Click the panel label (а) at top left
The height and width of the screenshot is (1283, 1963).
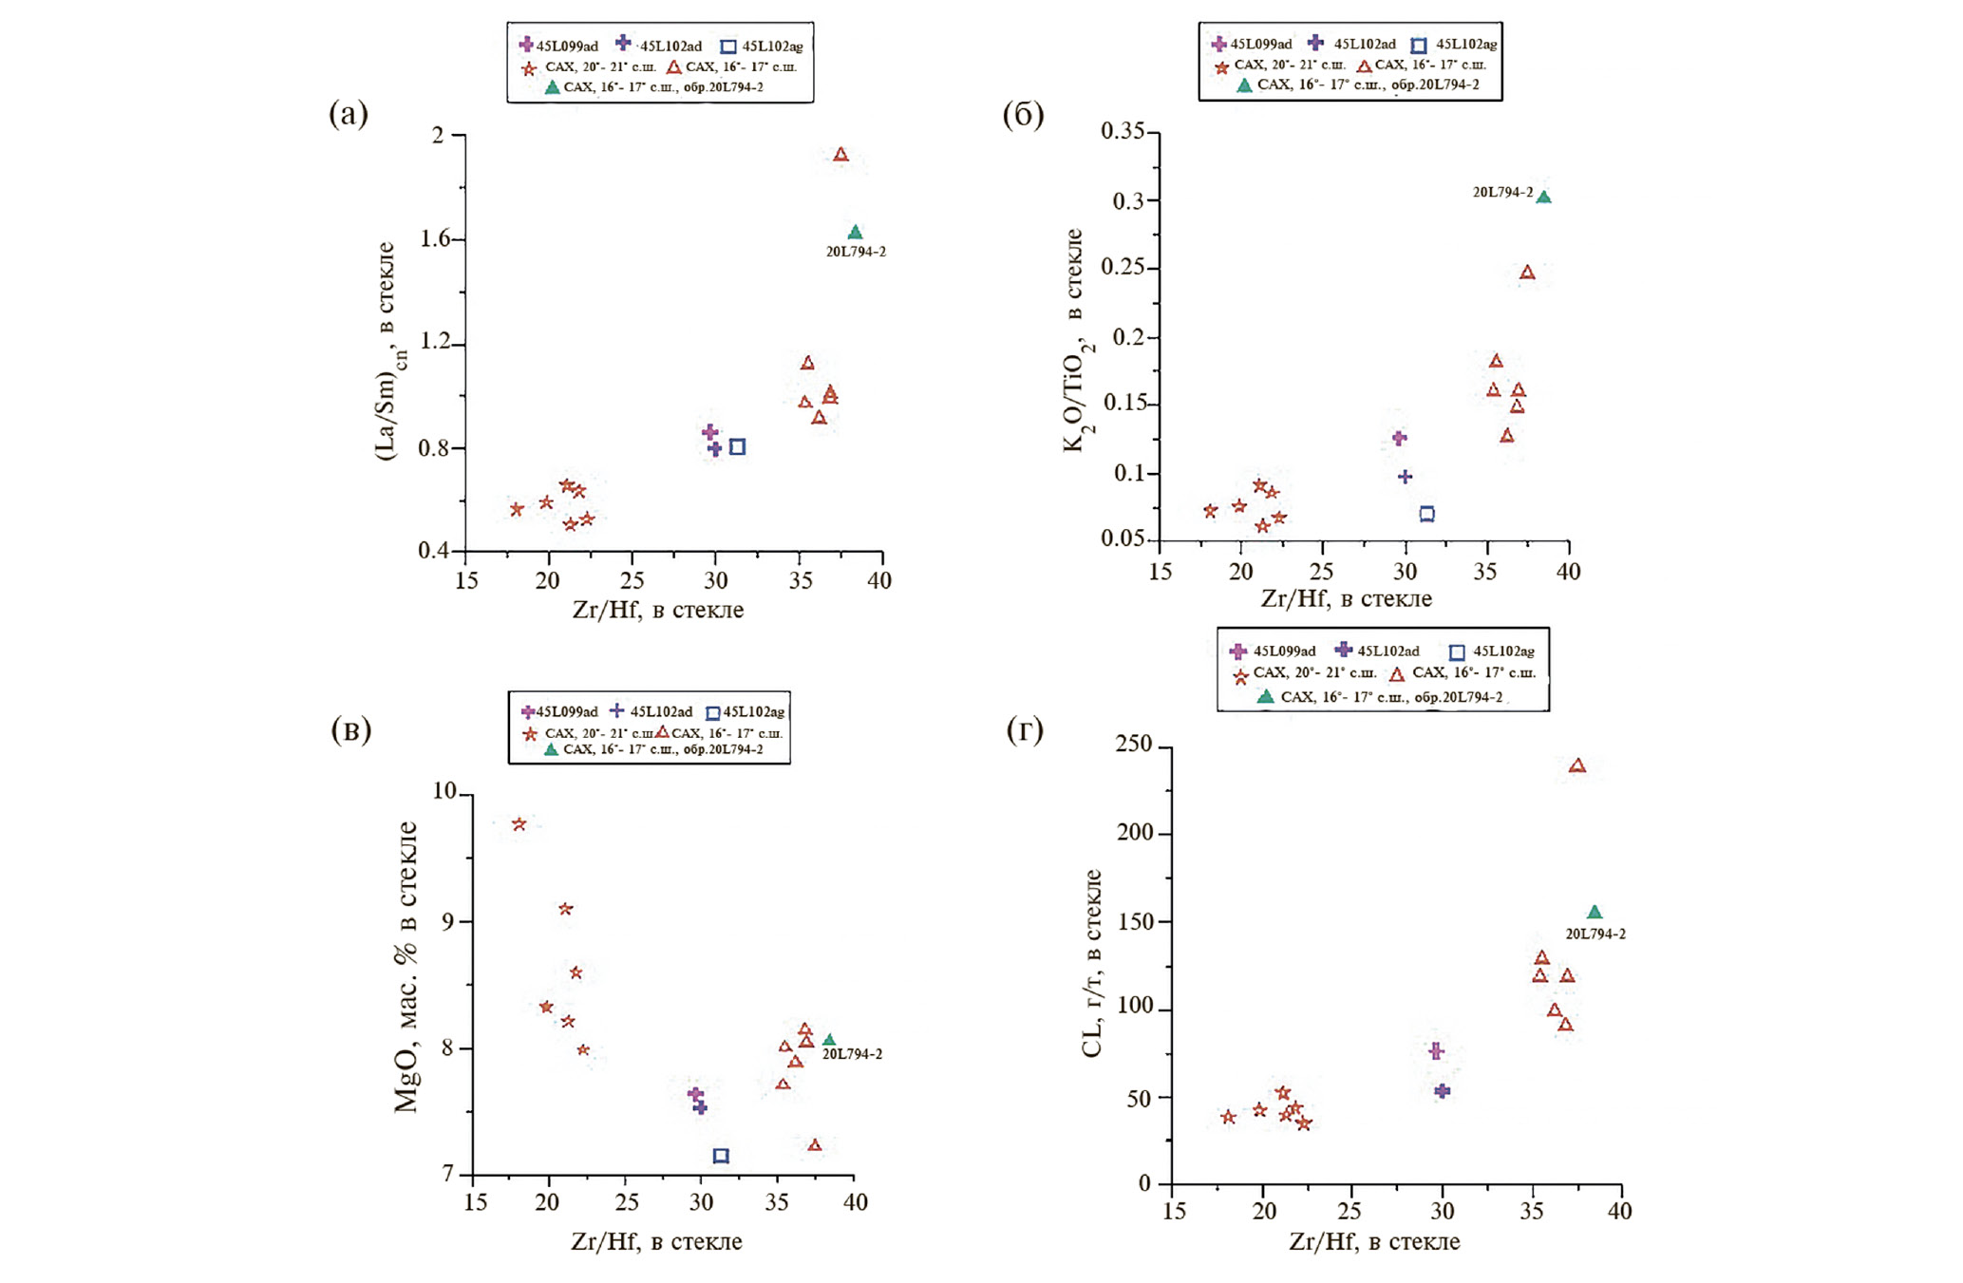point(348,114)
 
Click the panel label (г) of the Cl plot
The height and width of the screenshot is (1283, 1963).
point(1024,729)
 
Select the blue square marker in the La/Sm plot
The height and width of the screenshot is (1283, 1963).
point(737,446)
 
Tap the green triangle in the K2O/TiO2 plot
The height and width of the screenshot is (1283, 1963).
point(1543,198)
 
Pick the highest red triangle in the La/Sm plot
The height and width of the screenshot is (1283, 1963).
point(840,155)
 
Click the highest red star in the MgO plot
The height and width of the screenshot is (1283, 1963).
point(519,824)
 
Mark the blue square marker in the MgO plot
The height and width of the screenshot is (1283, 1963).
point(721,1156)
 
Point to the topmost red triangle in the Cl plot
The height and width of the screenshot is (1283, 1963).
point(1577,766)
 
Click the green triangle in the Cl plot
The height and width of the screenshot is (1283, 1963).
point(1595,913)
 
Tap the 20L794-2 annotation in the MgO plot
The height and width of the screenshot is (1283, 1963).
point(852,1054)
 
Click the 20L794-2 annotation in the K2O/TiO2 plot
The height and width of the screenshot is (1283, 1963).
point(1502,193)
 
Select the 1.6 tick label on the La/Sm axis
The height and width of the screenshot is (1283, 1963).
point(435,239)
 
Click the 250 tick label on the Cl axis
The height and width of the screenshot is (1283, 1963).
point(1132,745)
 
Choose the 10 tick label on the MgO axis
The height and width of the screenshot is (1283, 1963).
point(444,792)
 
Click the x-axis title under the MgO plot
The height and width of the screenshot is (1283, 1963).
point(656,1241)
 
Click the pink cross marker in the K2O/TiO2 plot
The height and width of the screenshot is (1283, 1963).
point(1399,438)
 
